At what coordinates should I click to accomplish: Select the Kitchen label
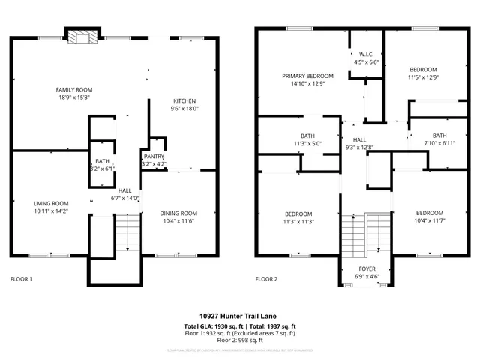(x=185, y=100)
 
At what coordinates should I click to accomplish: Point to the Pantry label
(x=154, y=155)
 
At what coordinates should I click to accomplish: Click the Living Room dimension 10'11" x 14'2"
(x=51, y=212)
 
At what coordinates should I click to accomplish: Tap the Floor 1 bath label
(x=102, y=161)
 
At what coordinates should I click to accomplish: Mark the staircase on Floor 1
(x=127, y=232)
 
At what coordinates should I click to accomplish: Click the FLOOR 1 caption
(x=21, y=279)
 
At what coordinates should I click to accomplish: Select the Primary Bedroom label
(x=307, y=76)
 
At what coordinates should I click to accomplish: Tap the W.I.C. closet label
(x=366, y=55)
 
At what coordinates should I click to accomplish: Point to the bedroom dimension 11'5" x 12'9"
(x=422, y=76)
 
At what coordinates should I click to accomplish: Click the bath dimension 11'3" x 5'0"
(x=307, y=143)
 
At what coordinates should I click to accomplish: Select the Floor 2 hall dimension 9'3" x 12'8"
(x=360, y=148)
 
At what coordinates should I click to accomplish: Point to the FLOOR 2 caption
(x=266, y=279)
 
